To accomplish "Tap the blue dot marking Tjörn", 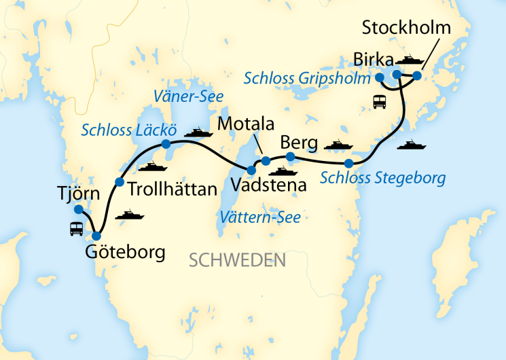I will [x=78, y=209].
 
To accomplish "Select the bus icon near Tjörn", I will [x=76, y=229].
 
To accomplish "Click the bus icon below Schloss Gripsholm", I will [x=380, y=103].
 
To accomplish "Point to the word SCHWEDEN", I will [x=237, y=260].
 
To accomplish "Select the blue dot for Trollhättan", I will [x=120, y=181].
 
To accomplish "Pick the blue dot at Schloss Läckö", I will [x=166, y=144].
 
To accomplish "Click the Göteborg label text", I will [x=125, y=253].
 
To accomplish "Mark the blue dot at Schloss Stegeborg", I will [x=348, y=163].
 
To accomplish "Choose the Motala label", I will [x=246, y=124].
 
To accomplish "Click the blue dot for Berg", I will [x=290, y=158].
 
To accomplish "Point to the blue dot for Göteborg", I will [x=96, y=236].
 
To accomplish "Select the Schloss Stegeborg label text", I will [x=382, y=179].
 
